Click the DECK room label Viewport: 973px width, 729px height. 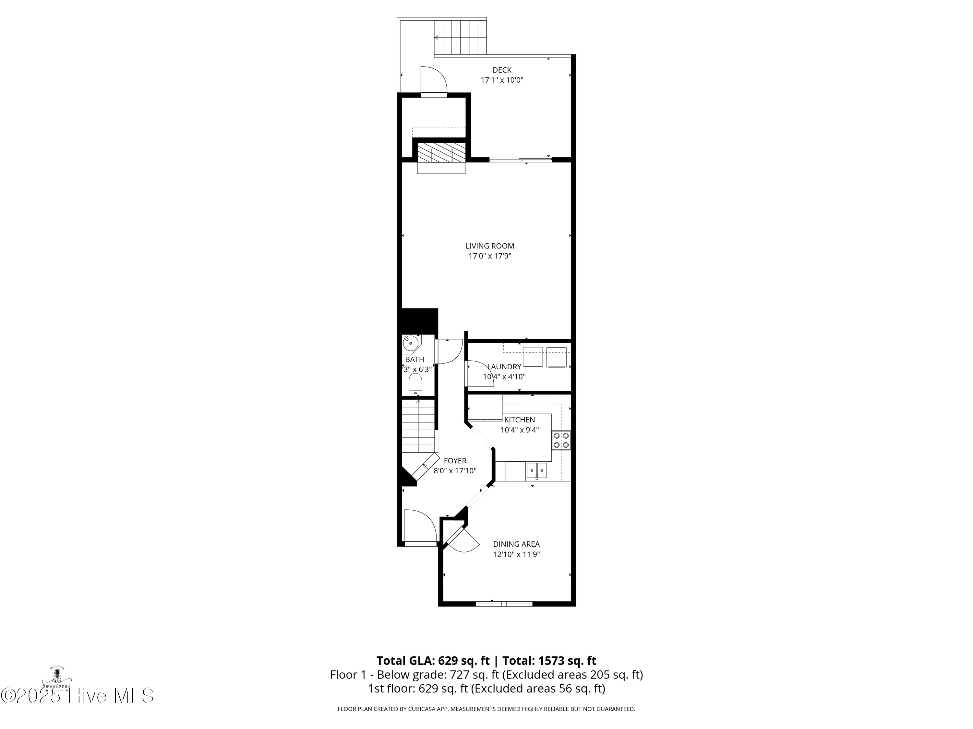pos(502,70)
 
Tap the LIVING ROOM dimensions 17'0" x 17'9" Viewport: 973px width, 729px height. pos(489,256)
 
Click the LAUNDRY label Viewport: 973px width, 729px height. pos(504,366)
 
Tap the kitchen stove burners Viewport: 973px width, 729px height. pos(561,440)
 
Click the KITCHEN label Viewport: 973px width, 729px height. pos(520,420)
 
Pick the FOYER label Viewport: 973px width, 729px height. pos(455,460)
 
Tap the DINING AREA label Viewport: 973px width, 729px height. pos(516,544)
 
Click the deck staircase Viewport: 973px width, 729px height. pos(460,37)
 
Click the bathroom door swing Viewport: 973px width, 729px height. pos(449,352)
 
